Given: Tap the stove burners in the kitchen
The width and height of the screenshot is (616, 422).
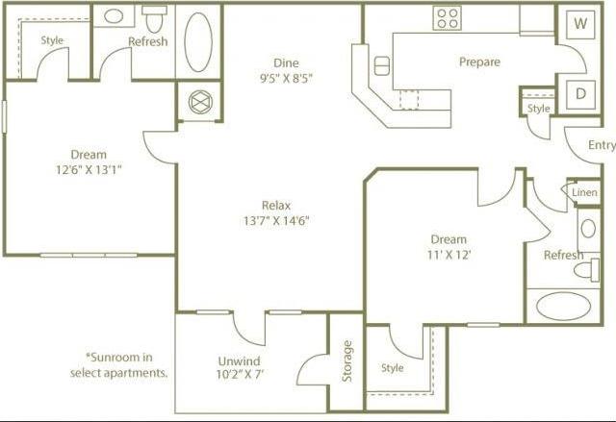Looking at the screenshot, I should click(447, 17).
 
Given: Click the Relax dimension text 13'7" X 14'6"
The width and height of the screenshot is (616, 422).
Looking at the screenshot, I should click(275, 220).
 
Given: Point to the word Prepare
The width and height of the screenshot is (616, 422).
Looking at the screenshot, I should click(479, 62).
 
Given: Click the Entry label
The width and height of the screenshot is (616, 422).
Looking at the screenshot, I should click(602, 145).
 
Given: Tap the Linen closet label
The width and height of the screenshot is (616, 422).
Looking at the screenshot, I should click(584, 192).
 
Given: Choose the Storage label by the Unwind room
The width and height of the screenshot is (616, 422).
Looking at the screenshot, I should click(347, 360).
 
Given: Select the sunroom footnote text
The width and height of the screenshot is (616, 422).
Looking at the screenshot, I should click(119, 363).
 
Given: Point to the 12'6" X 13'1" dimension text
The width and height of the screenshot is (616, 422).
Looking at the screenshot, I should click(89, 169).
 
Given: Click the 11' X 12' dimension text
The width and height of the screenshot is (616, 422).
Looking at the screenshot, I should click(449, 255).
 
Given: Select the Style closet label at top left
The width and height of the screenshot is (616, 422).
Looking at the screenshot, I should click(52, 40).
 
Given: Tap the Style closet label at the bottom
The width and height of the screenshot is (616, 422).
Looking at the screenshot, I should click(392, 367).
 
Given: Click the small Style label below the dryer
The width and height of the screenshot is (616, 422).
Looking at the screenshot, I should click(539, 109).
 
